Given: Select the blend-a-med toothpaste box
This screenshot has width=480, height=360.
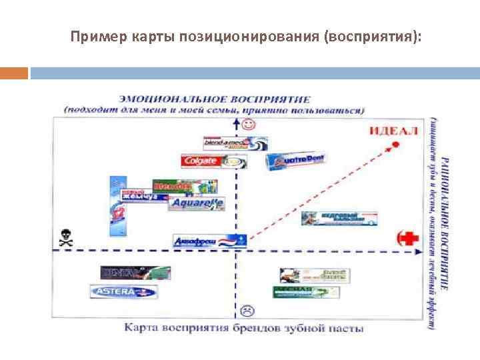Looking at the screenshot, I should click(x=235, y=143).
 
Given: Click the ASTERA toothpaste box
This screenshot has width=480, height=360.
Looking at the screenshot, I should click(x=123, y=291).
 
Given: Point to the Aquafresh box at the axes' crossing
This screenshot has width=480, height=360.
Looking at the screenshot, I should click(x=209, y=241).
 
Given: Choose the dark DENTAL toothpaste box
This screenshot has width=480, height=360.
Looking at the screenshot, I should click(x=135, y=272).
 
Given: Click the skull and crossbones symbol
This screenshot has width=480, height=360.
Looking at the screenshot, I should click(x=65, y=238).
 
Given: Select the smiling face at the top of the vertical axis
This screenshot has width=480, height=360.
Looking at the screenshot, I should click(x=249, y=125).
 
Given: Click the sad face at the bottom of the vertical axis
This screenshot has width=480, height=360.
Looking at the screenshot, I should click(x=247, y=310).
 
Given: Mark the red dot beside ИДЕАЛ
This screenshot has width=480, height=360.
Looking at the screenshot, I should click(x=395, y=144).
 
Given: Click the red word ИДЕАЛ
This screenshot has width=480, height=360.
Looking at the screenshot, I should click(x=393, y=130).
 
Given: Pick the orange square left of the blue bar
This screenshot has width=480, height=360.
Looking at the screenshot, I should click(x=14, y=72).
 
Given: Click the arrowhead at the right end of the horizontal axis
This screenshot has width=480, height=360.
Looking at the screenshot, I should click(x=418, y=252).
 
